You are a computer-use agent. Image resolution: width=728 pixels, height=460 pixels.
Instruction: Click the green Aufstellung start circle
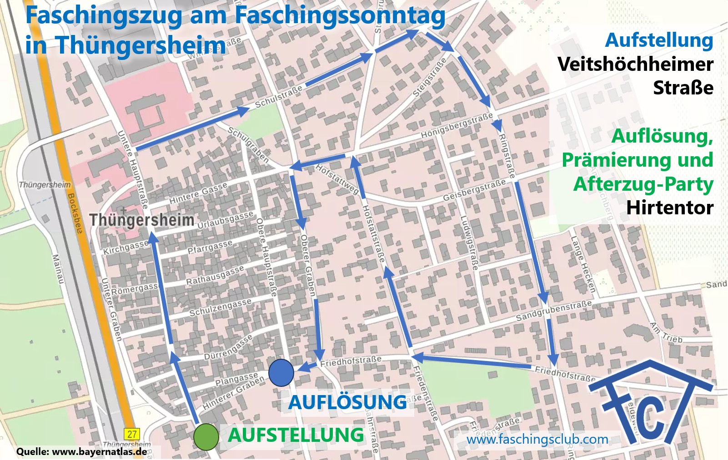(206, 437)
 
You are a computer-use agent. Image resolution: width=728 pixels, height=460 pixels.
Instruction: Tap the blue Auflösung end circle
(281, 372)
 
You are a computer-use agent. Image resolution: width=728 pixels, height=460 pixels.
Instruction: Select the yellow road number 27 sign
(132, 434)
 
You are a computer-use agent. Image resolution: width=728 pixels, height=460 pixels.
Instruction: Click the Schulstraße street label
(278, 97)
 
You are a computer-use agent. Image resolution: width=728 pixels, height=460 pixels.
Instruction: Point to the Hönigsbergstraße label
(457, 125)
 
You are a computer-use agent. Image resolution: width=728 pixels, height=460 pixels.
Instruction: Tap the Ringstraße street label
(507, 156)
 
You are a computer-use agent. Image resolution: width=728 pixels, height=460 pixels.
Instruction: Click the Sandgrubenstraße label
(554, 310)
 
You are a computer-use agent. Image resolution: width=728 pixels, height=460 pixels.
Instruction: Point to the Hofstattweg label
(337, 179)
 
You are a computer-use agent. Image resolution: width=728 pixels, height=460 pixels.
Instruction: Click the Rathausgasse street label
(215, 275)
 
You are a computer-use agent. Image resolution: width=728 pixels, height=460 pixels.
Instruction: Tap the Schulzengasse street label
(220, 307)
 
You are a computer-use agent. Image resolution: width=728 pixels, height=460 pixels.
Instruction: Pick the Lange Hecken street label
(583, 264)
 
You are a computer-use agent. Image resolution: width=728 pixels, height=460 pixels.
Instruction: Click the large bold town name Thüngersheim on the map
(142, 220)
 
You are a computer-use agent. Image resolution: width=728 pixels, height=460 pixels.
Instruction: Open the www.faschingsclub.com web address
(537, 440)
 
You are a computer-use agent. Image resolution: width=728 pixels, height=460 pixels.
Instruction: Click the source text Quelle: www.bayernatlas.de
(81, 452)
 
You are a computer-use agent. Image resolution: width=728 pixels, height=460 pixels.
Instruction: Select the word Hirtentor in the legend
(669, 208)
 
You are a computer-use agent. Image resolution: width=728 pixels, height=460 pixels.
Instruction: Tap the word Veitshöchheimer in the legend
(635, 64)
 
